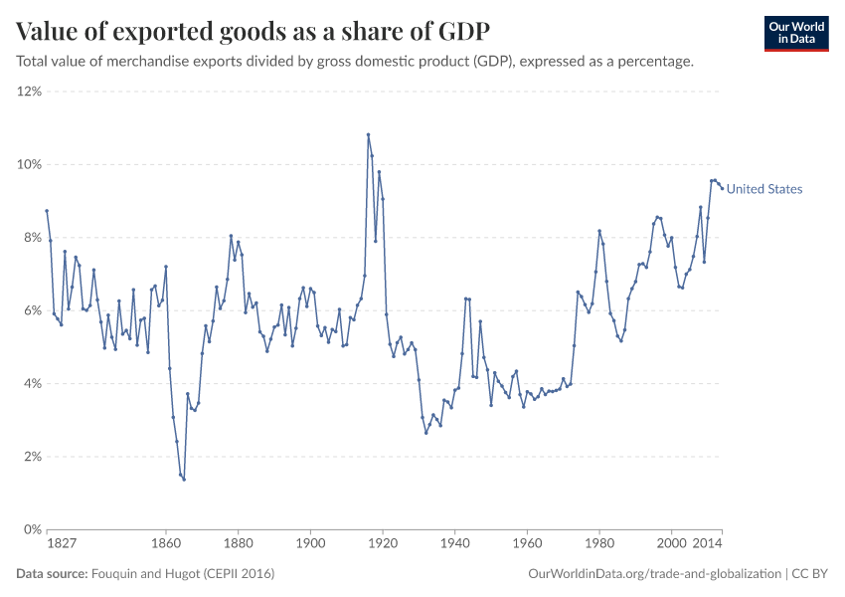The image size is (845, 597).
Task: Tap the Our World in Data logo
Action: click(795, 33)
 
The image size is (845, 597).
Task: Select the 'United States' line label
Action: click(763, 189)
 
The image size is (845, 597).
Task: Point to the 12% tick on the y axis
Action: click(28, 92)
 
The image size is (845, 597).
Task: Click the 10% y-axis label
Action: click(28, 164)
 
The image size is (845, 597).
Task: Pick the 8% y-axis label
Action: click(31, 238)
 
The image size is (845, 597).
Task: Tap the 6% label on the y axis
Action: click(31, 310)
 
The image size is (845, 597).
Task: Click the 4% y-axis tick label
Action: click(31, 384)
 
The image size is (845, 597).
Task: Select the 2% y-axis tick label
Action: click(31, 457)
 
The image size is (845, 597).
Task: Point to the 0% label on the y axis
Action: click(31, 529)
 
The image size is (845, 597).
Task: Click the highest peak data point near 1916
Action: click(368, 134)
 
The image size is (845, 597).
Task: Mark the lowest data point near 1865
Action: click(184, 480)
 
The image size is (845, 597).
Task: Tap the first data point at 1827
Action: click(47, 211)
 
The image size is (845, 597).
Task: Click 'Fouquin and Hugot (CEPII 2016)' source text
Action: click(183, 574)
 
